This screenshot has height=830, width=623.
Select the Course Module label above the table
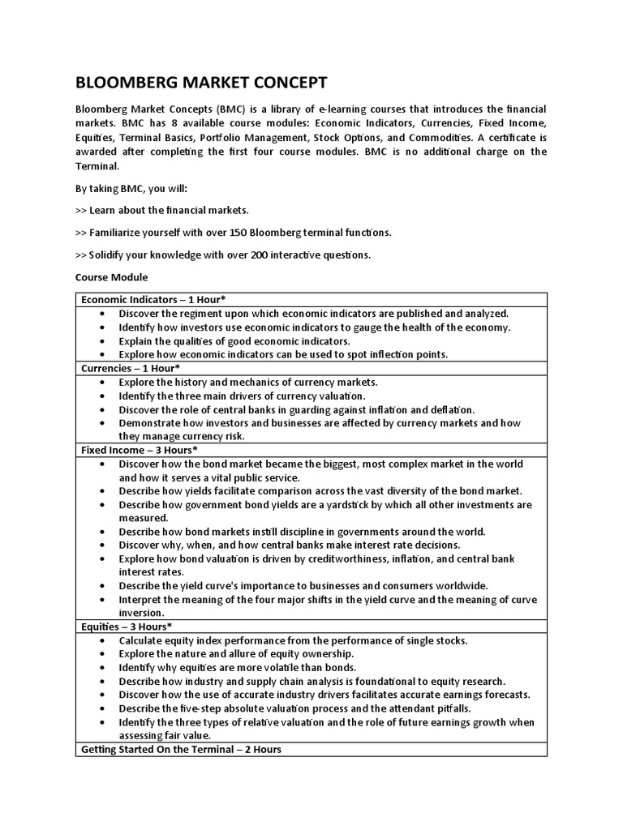(x=112, y=277)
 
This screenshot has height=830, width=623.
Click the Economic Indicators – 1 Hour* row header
(x=153, y=299)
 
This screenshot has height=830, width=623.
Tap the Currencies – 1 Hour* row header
(x=131, y=368)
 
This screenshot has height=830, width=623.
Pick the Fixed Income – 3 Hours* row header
(x=140, y=450)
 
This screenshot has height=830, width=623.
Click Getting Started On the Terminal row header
(x=181, y=750)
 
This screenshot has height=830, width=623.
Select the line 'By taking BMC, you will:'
(x=131, y=189)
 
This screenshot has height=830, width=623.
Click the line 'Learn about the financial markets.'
(x=168, y=211)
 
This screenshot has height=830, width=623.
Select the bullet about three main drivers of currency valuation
(x=242, y=396)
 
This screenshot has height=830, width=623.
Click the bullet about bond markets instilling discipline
(x=302, y=532)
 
